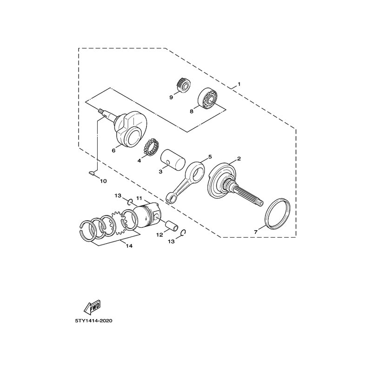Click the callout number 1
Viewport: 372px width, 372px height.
pos(239,84)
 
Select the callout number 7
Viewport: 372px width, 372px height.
pos(256,232)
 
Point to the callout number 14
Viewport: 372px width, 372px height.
pos(129,246)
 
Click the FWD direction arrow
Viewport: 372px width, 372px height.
pos(92,307)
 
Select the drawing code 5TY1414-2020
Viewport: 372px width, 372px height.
pos(93,321)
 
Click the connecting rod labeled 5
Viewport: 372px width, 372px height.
pos(185,181)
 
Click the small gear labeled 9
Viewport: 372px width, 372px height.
pos(184,84)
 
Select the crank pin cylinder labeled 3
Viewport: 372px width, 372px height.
pos(173,160)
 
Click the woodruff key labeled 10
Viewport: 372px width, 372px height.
pos(91,173)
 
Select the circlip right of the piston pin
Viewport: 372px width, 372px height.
pos(183,233)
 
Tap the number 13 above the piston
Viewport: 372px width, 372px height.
pos(118,196)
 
